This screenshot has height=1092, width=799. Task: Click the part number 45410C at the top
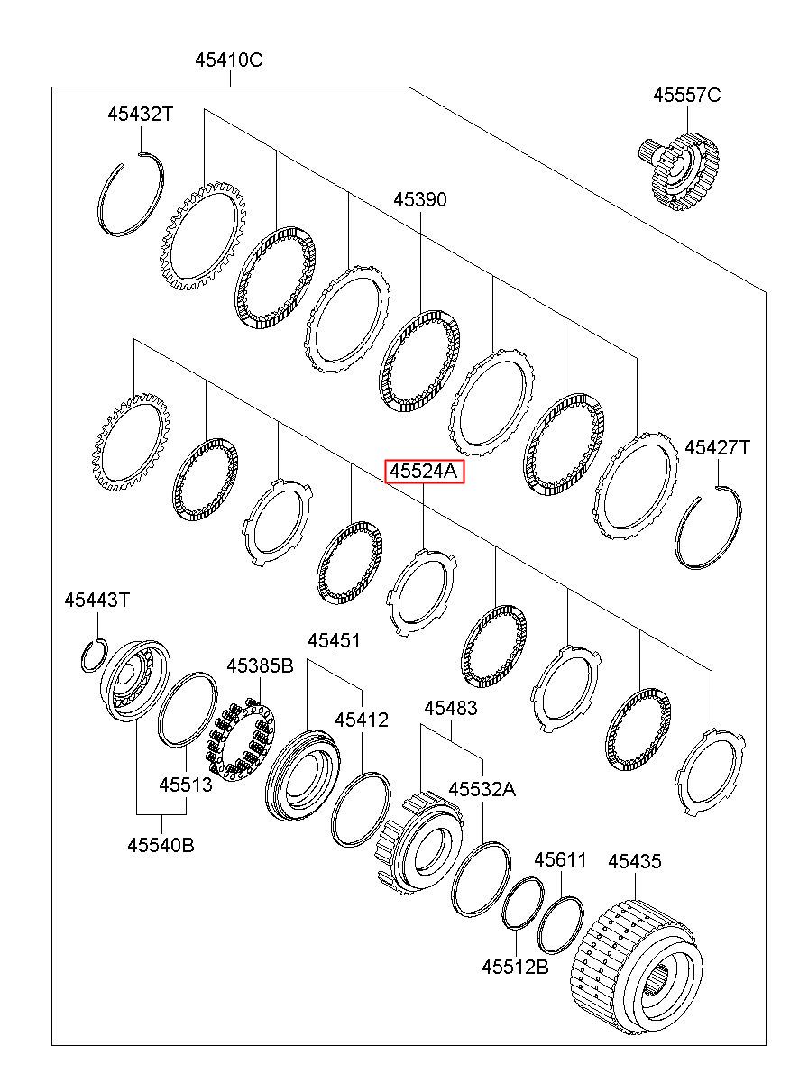[229, 60]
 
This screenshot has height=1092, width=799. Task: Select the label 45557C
[686, 95]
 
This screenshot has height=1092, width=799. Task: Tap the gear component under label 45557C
[678, 171]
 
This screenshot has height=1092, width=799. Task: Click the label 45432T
[141, 115]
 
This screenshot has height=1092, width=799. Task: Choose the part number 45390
[420, 199]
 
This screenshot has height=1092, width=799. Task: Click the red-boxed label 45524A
[424, 471]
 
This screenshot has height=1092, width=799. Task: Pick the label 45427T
[718, 447]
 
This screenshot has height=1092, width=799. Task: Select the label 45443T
[97, 600]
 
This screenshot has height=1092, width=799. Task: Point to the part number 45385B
[260, 665]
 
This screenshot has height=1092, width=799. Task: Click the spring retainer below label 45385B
[239, 739]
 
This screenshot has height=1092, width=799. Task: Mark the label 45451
[334, 640]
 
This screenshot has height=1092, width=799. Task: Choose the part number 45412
[362, 720]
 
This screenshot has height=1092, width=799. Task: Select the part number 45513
[186, 785]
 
